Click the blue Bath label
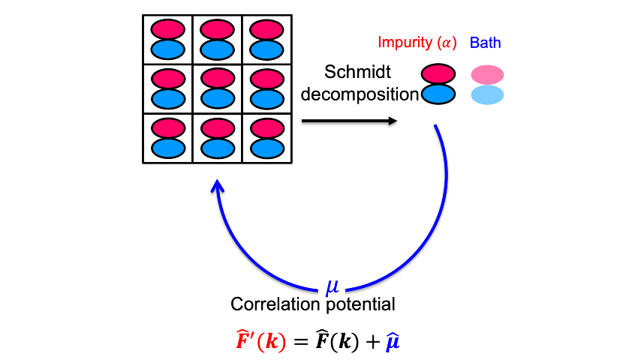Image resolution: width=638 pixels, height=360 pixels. coord(485,43)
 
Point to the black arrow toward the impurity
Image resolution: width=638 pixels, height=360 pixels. coord(349,120)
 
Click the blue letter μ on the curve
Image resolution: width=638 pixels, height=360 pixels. coord(333,286)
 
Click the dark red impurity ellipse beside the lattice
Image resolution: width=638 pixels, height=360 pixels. coord(439,73)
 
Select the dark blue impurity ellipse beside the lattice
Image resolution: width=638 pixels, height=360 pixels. coord(439,94)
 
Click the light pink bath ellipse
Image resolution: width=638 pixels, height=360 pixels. coord(487,74)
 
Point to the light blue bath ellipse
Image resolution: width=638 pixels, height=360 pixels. coord(487,94)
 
